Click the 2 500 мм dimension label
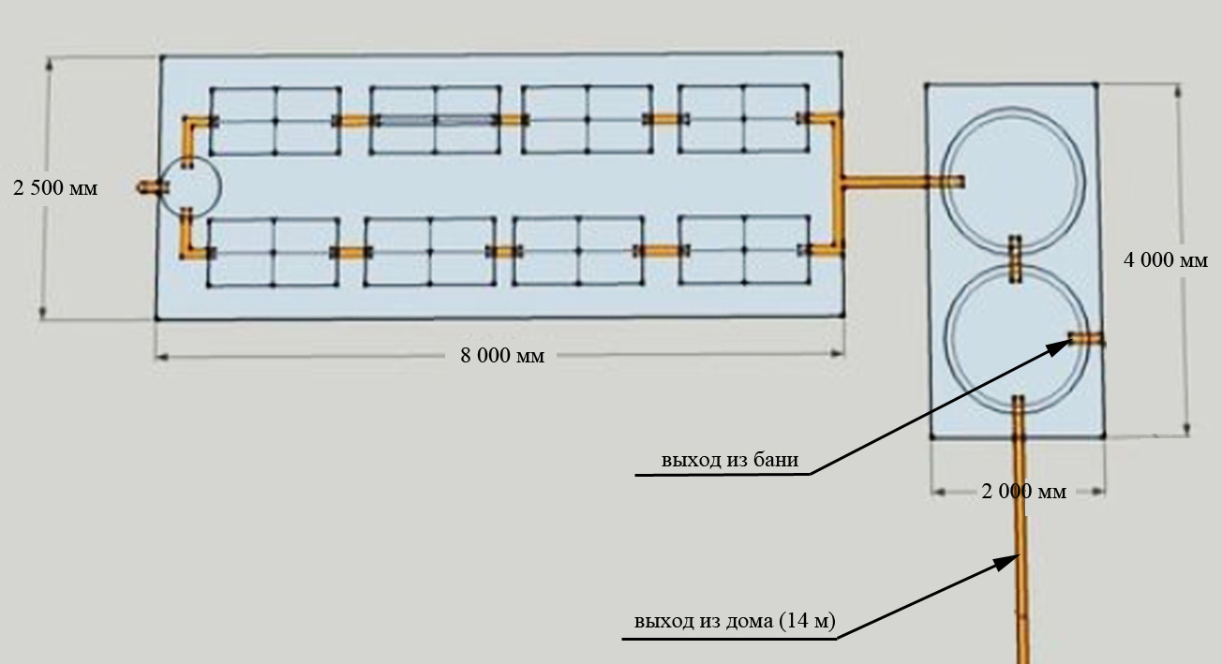point(55,187)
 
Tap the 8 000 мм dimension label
point(501,356)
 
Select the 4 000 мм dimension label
point(1166,260)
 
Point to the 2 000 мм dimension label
point(1023,491)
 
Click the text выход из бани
point(730,460)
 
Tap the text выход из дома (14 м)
point(734,622)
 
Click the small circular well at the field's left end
point(188,187)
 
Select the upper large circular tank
point(1014,180)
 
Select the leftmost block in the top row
point(275,121)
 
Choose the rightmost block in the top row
point(743,119)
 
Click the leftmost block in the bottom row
point(273,252)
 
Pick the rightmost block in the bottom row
point(743,250)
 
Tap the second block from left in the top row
point(435,120)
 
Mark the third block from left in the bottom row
point(578,251)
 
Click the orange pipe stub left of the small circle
point(147,187)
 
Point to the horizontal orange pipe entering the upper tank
point(900,183)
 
